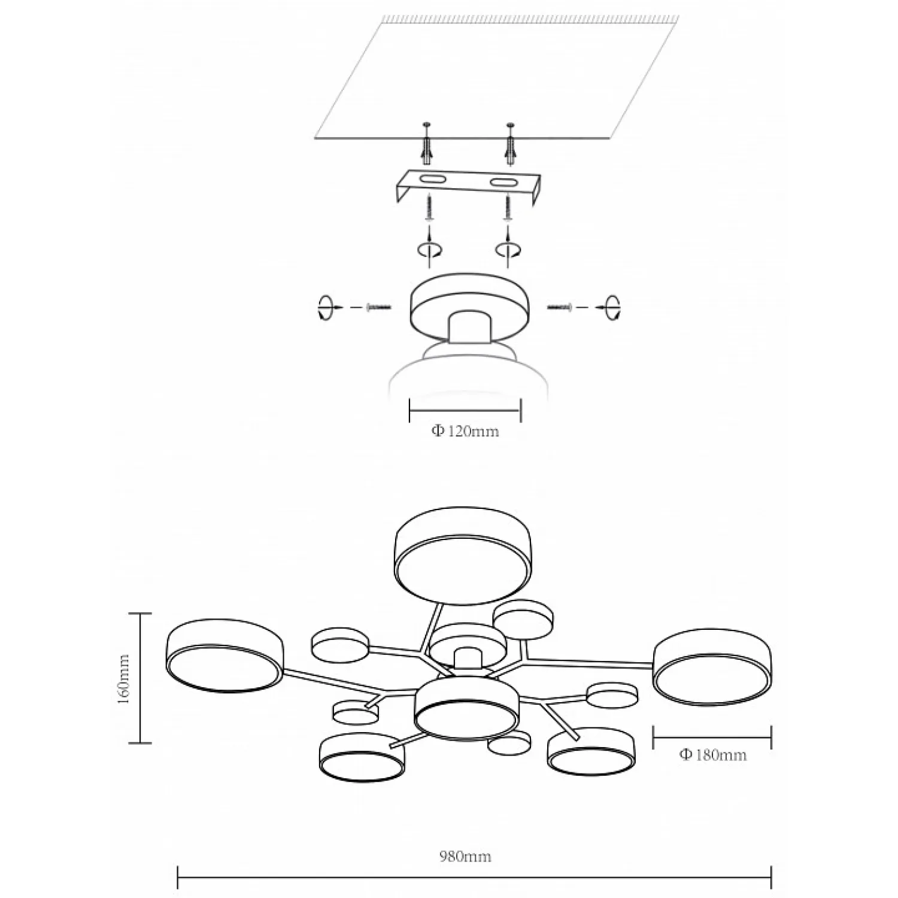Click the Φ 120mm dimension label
coord(465,431)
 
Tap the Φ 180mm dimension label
coord(712,754)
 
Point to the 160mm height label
coord(124,678)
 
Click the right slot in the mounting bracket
coord(504,182)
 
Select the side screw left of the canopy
coord(378,307)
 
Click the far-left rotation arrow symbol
coord(324,307)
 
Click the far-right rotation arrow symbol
coord(612,307)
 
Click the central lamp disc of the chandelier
coord(466,709)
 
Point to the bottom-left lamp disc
coord(362,757)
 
